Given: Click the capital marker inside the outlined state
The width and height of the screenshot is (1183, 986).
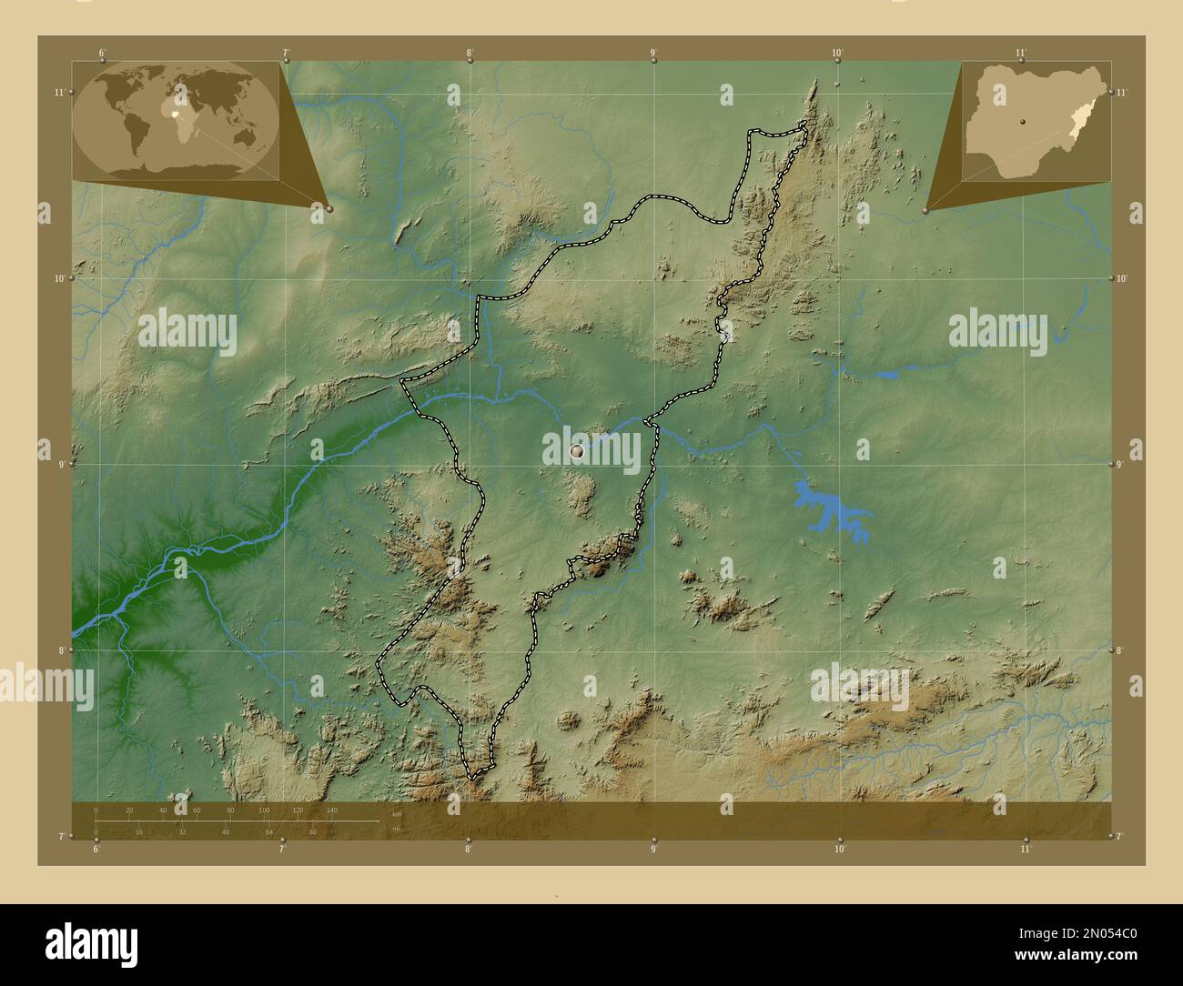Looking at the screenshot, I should [576, 450].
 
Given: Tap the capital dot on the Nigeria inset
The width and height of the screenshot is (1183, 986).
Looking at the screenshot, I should [1022, 119].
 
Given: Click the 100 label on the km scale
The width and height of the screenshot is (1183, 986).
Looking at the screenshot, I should [264, 810].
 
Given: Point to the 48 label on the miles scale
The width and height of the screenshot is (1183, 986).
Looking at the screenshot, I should [226, 831].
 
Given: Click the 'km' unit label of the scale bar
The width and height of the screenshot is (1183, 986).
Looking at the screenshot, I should [396, 814].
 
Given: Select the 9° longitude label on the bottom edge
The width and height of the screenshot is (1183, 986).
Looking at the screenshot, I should [653, 850].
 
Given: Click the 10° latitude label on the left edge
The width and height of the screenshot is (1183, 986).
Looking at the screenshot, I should [60, 278].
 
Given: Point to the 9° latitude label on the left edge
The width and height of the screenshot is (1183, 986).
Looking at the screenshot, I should [60, 465].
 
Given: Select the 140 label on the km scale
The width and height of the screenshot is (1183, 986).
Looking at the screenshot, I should [331, 810].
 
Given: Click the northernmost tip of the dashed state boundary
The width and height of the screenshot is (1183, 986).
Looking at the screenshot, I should [804, 123].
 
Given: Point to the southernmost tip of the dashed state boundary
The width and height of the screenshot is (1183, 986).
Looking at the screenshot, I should [471, 778].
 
